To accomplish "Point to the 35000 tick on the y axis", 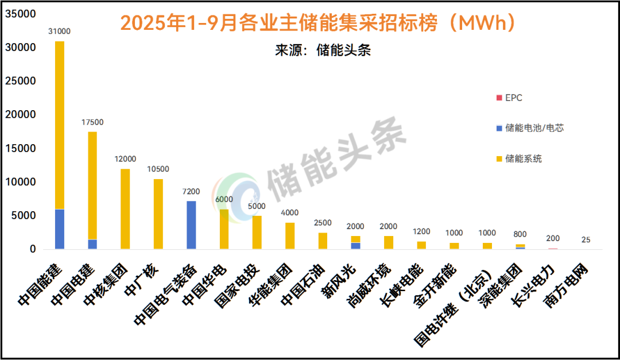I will [21, 14].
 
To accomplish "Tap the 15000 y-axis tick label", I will [21, 149].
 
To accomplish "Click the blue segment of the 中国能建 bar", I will [60, 229].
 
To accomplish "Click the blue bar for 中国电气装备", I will [191, 225].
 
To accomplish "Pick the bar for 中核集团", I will [125, 209].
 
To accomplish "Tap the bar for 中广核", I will [158, 214].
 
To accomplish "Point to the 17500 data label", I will [92, 122].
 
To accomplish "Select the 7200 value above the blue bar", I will [191, 191].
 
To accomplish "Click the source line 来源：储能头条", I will [323, 50].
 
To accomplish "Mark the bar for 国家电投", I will [257, 233].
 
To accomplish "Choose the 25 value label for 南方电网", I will [586, 239].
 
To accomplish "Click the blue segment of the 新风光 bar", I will [356, 246].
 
